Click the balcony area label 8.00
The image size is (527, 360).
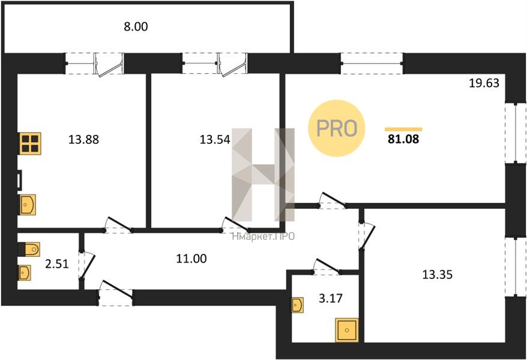coord(135,26)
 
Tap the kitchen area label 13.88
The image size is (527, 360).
coord(83,140)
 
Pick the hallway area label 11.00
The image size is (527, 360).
coord(192,259)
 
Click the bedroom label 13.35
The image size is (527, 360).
coord(437,275)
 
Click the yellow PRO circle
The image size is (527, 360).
coord(337,128)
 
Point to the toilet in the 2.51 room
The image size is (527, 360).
coord(29,248)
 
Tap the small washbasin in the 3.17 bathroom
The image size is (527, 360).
coord(298,305)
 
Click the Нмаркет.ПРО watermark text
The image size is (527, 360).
coord(263,236)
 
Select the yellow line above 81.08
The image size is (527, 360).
coord(403,129)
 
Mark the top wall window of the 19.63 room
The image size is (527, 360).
coord(372,63)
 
